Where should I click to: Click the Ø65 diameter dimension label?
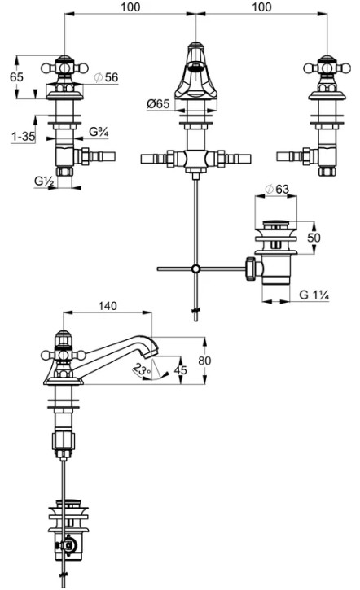point(158,103)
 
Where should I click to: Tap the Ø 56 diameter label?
point(106,77)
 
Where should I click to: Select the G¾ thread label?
point(99,132)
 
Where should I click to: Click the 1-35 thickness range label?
point(23,136)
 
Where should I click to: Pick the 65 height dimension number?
point(16,76)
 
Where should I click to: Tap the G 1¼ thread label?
point(314,295)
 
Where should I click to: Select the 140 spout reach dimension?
point(108,306)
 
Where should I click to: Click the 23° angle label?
point(142,369)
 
